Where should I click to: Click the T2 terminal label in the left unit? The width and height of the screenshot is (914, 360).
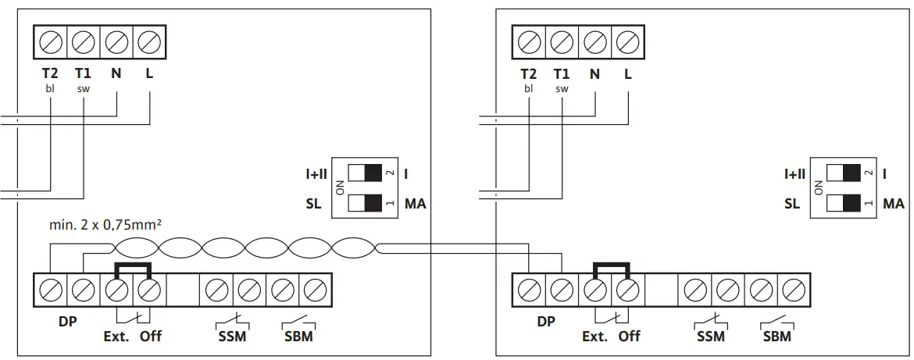(50, 75)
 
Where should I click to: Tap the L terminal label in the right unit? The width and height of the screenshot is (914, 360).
(628, 75)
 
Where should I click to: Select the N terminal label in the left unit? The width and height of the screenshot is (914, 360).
(116, 75)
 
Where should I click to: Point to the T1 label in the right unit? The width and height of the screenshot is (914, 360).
(562, 75)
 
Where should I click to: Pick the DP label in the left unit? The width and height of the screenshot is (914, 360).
(68, 321)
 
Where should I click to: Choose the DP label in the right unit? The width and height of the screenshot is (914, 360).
(546, 321)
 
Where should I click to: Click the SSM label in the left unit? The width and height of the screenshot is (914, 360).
(232, 336)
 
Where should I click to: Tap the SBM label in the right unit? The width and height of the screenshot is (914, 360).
(777, 337)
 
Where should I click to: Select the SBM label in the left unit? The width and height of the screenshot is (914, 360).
(299, 336)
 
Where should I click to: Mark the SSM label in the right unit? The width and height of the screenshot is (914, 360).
(710, 337)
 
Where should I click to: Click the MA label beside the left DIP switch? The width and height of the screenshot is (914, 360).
(414, 204)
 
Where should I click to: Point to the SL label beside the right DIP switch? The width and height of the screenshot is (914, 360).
(792, 204)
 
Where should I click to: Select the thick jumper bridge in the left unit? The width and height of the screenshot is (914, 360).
(133, 268)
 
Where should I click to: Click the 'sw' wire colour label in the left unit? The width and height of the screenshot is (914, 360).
(83, 89)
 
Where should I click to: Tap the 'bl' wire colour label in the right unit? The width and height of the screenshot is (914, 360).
(529, 89)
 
